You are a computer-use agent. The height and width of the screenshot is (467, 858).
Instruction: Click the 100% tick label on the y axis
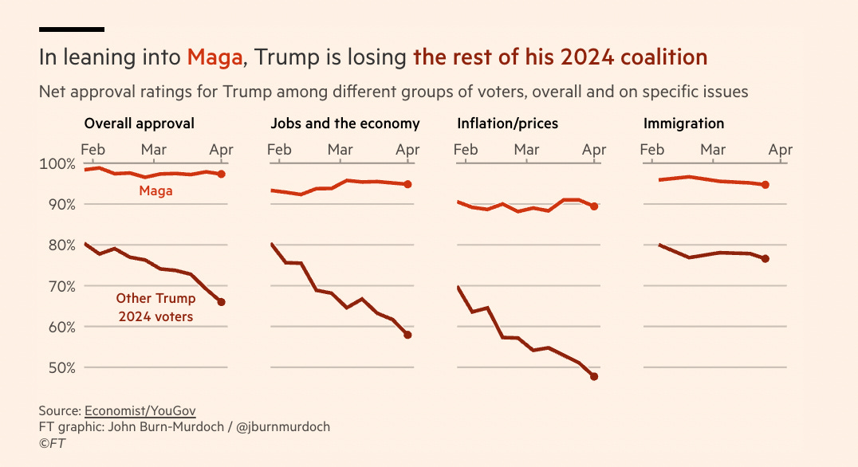[x=55, y=163]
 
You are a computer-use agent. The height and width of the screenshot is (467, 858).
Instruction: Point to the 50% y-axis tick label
[x=58, y=368]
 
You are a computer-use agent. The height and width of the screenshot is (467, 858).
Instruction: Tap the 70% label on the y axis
[x=58, y=286]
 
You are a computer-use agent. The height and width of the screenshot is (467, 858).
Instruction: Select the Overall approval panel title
[x=139, y=124]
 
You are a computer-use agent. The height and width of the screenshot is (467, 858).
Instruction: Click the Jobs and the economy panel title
[x=345, y=124]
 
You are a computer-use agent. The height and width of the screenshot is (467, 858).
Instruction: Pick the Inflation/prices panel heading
[x=508, y=124]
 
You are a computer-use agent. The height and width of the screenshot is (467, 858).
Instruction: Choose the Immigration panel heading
[x=684, y=124]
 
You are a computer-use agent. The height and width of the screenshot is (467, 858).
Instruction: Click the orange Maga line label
[x=155, y=191]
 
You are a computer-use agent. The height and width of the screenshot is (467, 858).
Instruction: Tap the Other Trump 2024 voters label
[x=155, y=308]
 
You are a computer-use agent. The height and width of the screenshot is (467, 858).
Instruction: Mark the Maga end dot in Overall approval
[x=222, y=174]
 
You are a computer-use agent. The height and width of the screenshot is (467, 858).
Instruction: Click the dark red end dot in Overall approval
[x=222, y=302]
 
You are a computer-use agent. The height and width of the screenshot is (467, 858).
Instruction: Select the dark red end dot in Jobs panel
[x=407, y=335]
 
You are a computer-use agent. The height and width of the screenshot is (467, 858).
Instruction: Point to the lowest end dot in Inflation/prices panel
[x=594, y=376]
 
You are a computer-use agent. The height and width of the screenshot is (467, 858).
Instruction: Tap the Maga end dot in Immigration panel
[x=766, y=185]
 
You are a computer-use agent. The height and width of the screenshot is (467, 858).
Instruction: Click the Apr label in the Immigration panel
[x=781, y=149]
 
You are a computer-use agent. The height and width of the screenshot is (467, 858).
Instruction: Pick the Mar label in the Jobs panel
[x=340, y=149]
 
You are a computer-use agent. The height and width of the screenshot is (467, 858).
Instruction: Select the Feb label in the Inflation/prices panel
[x=466, y=149]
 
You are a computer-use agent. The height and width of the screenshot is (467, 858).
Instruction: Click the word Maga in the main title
[x=214, y=57]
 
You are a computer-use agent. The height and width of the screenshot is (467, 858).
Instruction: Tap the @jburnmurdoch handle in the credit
[x=279, y=427]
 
